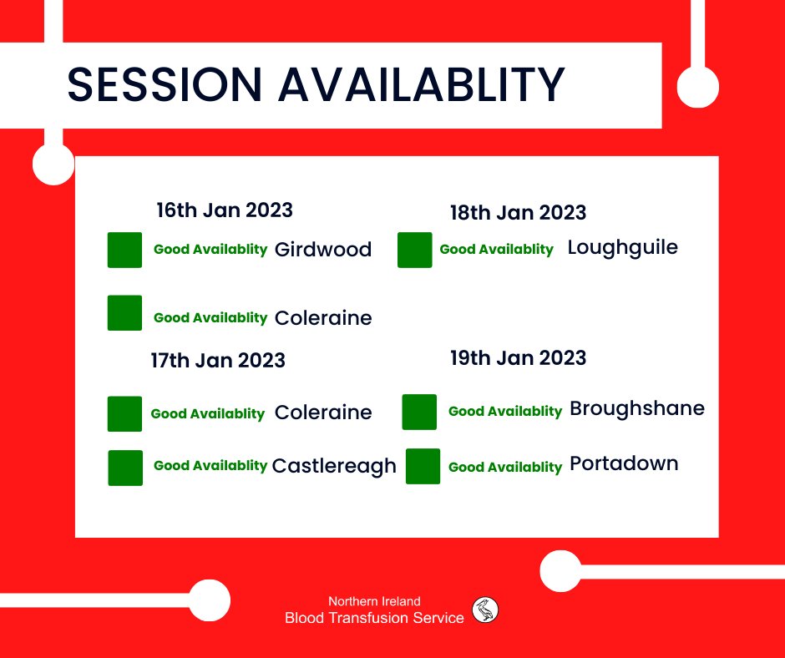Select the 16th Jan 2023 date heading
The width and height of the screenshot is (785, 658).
225,210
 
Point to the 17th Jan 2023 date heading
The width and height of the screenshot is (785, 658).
218,361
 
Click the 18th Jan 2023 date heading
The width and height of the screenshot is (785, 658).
518,212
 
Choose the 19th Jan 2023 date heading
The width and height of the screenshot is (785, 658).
518,358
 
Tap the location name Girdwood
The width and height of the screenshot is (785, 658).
322,250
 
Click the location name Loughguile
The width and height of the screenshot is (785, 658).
622,248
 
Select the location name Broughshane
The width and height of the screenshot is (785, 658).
636,409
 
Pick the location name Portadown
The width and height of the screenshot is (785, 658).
624,463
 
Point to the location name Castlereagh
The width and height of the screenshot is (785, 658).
334,466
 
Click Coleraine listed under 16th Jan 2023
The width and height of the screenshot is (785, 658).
322,318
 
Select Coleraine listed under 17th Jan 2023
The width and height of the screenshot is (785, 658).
322,413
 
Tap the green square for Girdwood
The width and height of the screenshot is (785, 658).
125,251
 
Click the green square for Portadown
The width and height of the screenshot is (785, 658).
423,466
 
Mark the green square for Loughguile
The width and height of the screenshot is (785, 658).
415,251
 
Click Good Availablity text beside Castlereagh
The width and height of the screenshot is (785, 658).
210,466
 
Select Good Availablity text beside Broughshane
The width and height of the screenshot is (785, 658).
505,412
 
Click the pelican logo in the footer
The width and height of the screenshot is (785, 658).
486,610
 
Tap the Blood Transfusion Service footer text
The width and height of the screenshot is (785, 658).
374,618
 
